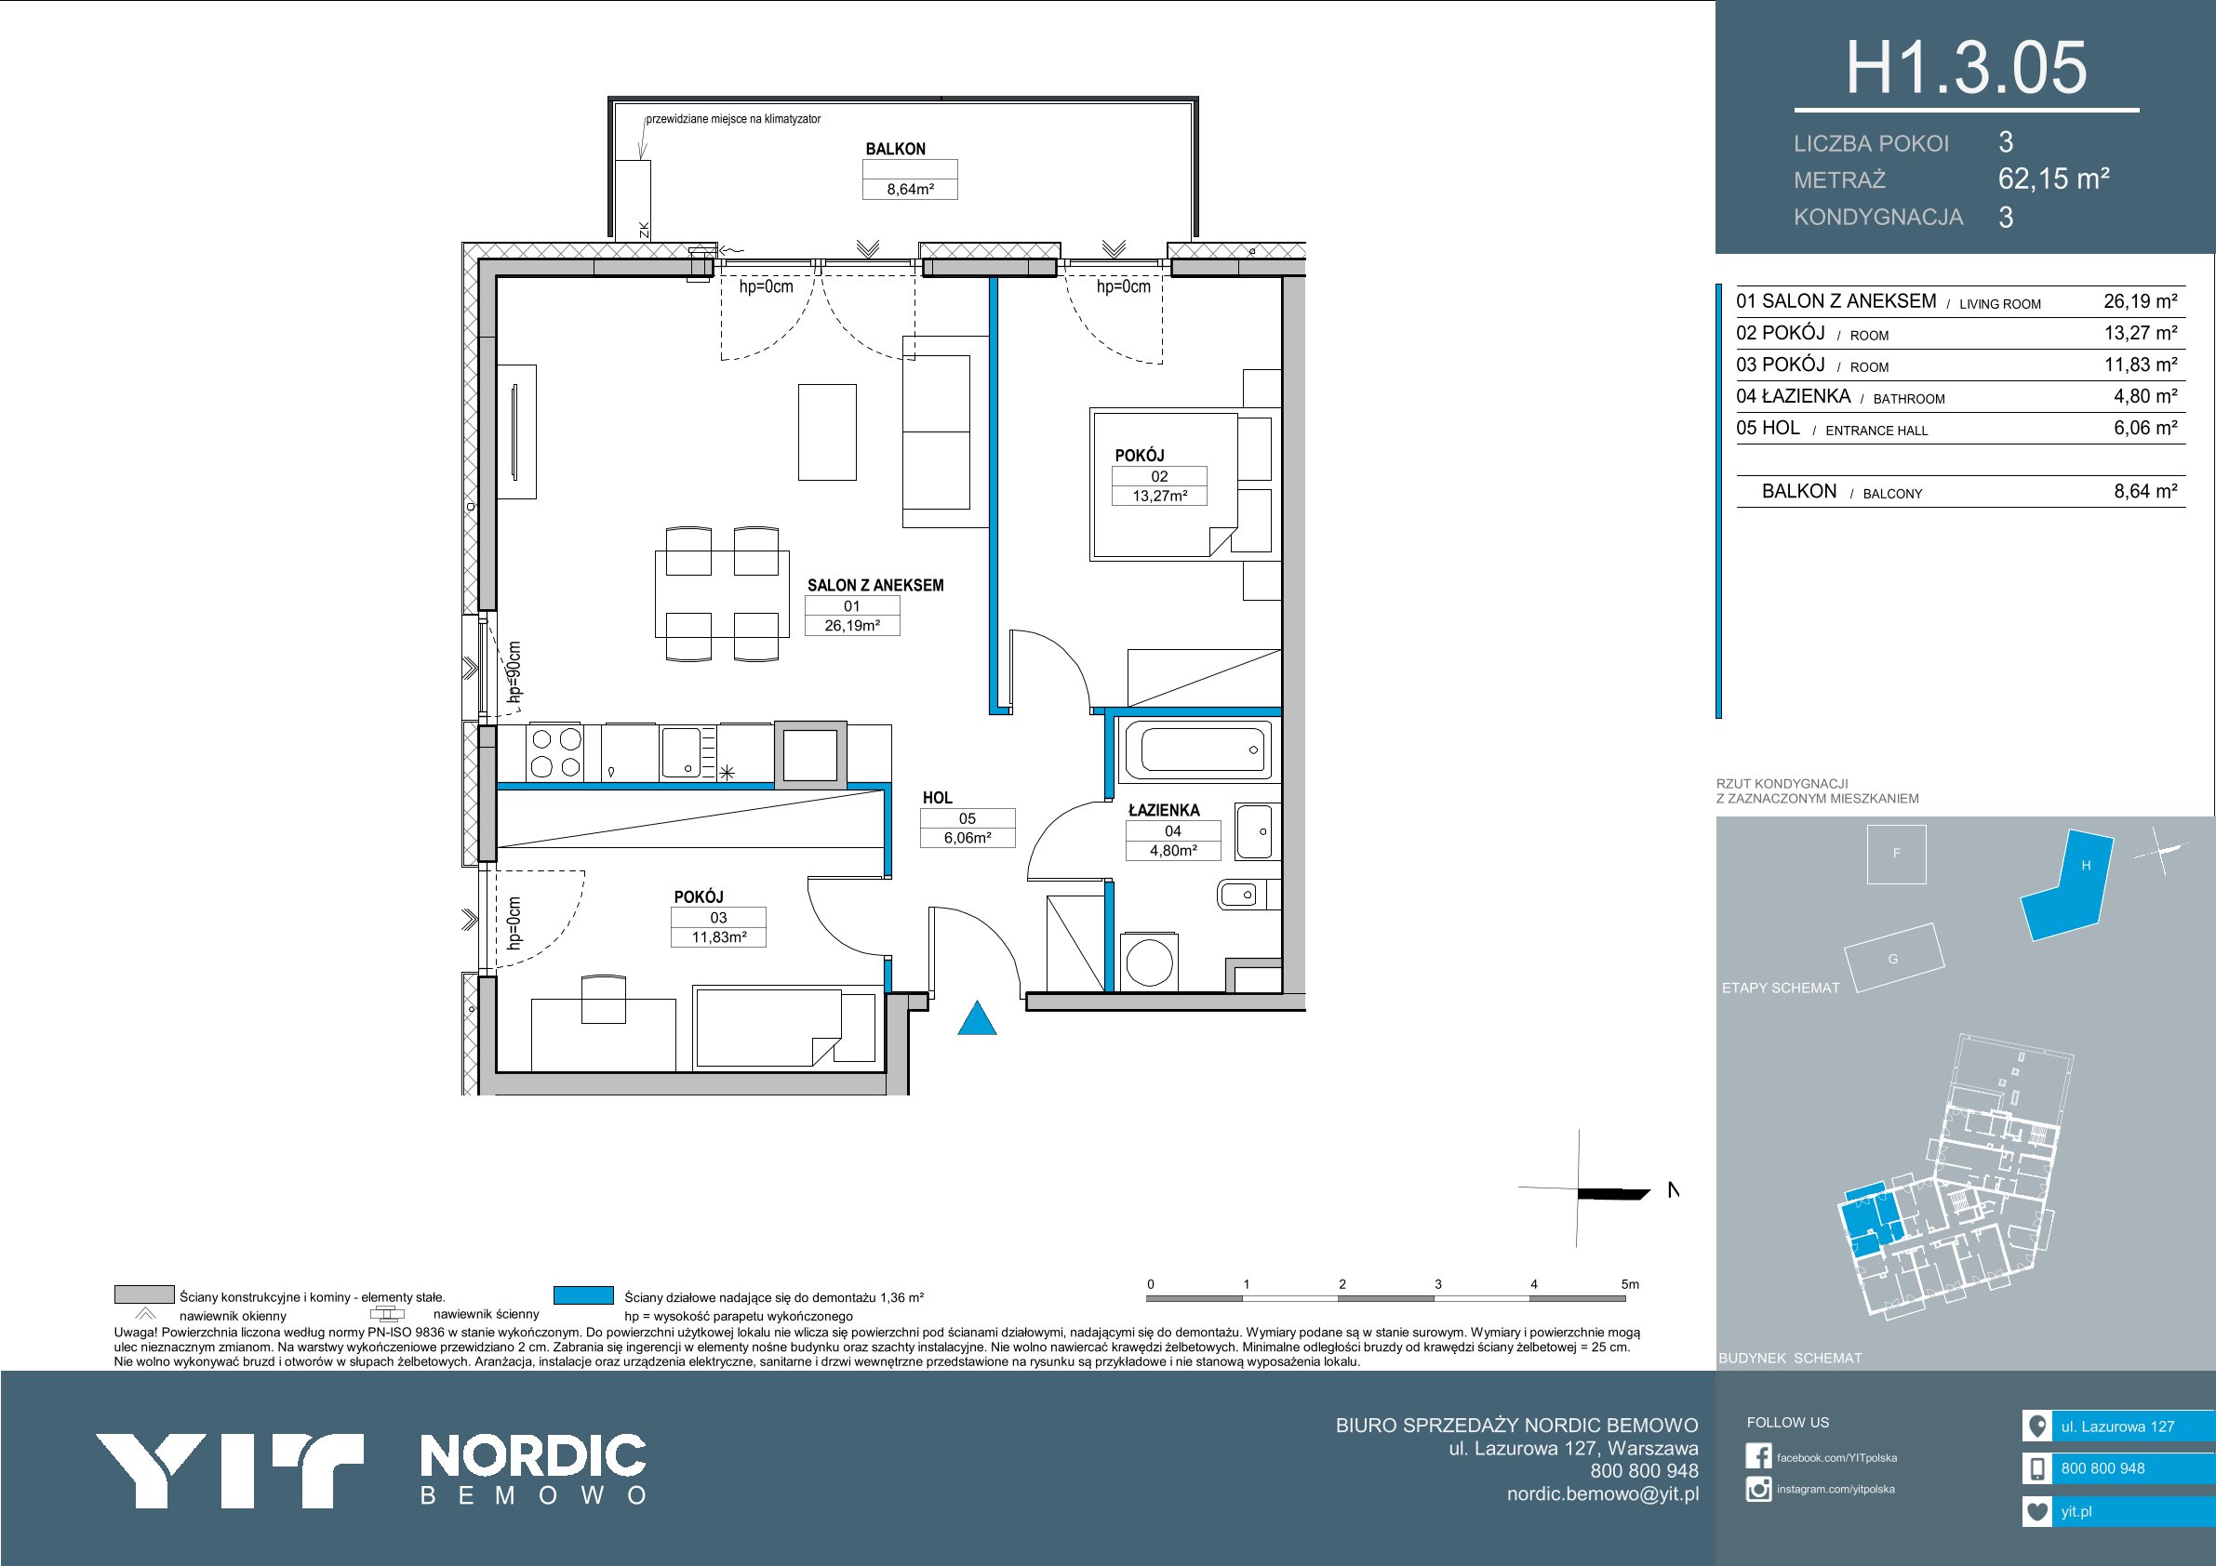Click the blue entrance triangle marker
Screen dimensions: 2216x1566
(x=977, y=1020)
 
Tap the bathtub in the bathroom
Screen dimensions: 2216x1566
(x=1195, y=750)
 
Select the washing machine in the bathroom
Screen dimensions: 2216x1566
(x=1149, y=960)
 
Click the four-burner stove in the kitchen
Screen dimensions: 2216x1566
(x=555, y=752)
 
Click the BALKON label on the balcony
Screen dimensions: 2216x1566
(x=895, y=149)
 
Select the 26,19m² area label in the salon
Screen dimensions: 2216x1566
(x=851, y=625)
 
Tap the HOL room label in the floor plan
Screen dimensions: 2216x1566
(x=937, y=798)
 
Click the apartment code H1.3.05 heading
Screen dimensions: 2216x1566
(x=1966, y=68)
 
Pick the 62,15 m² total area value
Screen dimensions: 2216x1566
(x=2053, y=179)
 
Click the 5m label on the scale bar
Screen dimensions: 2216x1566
(x=1629, y=1284)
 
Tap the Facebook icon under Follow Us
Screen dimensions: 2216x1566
(x=1758, y=1456)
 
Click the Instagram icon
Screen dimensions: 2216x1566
(x=1758, y=1489)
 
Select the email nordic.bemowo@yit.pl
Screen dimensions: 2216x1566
(x=1602, y=1493)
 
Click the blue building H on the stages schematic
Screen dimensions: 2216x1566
(x=2065, y=887)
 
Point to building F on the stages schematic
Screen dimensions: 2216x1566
(x=1897, y=854)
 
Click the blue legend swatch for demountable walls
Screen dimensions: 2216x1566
(x=584, y=1294)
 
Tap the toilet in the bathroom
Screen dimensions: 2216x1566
(x=1237, y=895)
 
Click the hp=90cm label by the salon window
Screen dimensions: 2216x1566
(x=514, y=671)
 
